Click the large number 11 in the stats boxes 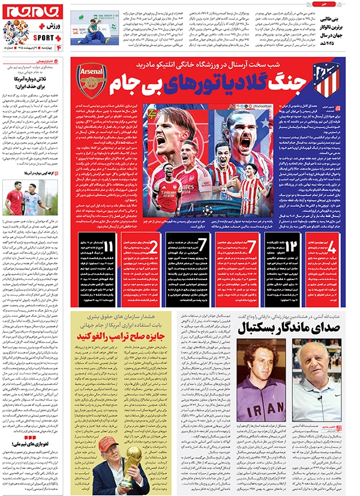click(x=92, y=247)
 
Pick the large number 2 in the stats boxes click(x=153, y=247)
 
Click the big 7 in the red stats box click(x=253, y=247)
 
